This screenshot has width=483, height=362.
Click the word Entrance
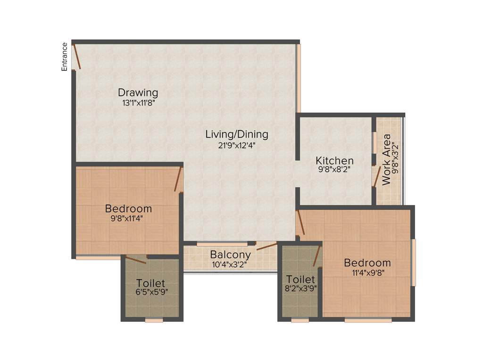pos(65,57)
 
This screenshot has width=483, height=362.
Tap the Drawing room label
pos(138,92)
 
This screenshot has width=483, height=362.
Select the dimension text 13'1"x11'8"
pos(138,101)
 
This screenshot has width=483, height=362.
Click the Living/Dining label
pos(236,134)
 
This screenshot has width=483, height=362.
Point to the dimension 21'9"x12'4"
pos(236,145)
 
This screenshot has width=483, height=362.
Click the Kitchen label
pos(334,160)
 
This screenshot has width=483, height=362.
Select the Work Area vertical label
pos(386,159)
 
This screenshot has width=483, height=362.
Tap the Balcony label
pos(231,255)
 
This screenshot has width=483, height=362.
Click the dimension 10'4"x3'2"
pos(231,264)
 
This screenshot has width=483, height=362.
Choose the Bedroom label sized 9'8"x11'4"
pos(128,208)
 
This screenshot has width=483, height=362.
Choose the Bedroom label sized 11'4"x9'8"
pos(367,263)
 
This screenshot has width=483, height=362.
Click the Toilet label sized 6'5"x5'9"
pos(150,283)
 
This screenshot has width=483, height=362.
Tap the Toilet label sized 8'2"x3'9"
pos(300,280)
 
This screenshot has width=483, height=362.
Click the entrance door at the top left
pos(76,56)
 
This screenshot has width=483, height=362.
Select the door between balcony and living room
pos(266,246)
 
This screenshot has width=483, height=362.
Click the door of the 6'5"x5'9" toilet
pos(135,259)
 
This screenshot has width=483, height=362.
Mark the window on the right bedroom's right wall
pos(414,263)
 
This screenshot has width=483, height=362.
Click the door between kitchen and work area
pos(376,177)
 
